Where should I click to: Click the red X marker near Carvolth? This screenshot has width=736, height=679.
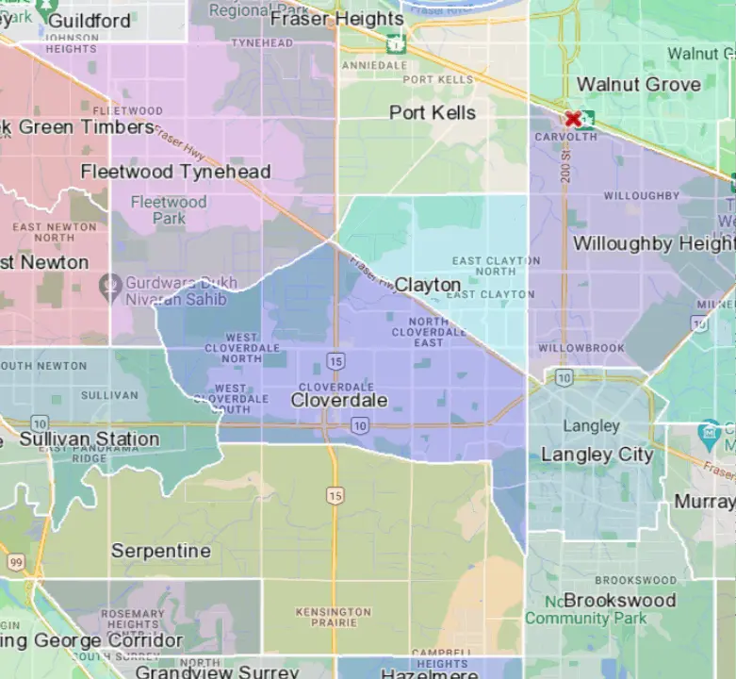pos(572,119)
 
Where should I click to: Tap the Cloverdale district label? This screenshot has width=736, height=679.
pos(339,400)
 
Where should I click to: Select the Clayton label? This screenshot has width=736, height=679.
pos(428,284)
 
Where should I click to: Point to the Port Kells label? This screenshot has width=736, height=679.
pos(433,113)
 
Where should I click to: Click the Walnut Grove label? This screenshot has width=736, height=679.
pos(638,84)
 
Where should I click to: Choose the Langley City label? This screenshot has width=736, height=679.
pos(597,455)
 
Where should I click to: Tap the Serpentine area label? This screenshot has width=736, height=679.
pos(161,550)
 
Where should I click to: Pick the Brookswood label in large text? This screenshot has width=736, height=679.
pos(619,600)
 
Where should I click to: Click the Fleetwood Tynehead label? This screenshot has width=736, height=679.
pos(175,172)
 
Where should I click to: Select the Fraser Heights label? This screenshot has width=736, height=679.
pos(336,19)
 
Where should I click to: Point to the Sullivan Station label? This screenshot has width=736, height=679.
pos(89,439)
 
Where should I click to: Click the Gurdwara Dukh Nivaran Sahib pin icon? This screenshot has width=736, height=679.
pos(110,282)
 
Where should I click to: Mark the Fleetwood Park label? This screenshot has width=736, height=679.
pos(169,209)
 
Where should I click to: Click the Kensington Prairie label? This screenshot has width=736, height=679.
pos(333,617)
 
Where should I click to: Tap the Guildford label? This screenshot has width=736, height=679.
pos(88,20)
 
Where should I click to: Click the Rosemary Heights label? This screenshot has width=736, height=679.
pos(134,618)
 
